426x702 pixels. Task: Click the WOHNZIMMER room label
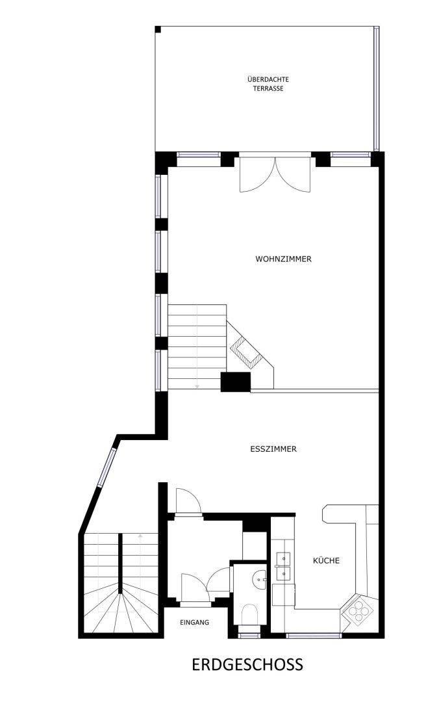[283, 259]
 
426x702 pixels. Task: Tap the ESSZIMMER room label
[273, 449]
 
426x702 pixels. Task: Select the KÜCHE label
[326, 560]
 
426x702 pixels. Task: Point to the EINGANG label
[194, 622]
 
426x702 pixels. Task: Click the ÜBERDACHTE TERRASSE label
[268, 84]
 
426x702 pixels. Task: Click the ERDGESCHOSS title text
[247, 665]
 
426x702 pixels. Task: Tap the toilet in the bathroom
[249, 614]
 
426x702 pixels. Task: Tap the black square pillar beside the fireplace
[235, 382]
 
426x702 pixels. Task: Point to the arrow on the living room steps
[197, 385]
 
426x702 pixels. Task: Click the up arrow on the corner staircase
[140, 535]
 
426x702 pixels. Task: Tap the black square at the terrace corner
[158, 29]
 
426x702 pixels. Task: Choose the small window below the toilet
[249, 634]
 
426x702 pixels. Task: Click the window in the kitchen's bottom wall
[313, 635]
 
